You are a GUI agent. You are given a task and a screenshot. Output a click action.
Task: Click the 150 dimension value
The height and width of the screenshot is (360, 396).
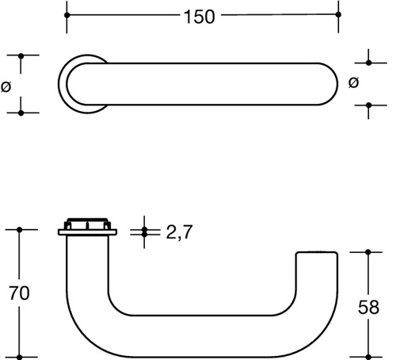(200, 17)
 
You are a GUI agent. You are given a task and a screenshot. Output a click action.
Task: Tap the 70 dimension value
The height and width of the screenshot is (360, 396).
(19, 293)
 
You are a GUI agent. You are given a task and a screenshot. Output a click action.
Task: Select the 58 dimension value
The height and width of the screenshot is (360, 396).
(368, 307)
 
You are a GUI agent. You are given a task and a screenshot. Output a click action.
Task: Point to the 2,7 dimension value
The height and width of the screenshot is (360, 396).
(179, 232)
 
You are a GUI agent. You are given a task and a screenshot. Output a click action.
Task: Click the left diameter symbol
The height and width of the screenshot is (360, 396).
(6, 86)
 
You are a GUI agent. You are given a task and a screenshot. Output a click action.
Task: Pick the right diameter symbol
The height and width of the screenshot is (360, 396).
(354, 82)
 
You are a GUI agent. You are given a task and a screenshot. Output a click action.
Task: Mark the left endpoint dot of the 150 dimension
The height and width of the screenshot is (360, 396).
(67, 15)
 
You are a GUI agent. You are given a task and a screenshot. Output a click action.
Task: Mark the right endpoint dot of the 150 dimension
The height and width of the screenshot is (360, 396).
(338, 14)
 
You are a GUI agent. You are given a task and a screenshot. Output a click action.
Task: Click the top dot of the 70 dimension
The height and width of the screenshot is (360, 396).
(19, 230)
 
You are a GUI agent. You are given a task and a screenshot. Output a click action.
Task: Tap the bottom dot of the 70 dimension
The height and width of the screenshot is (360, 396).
(19, 357)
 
